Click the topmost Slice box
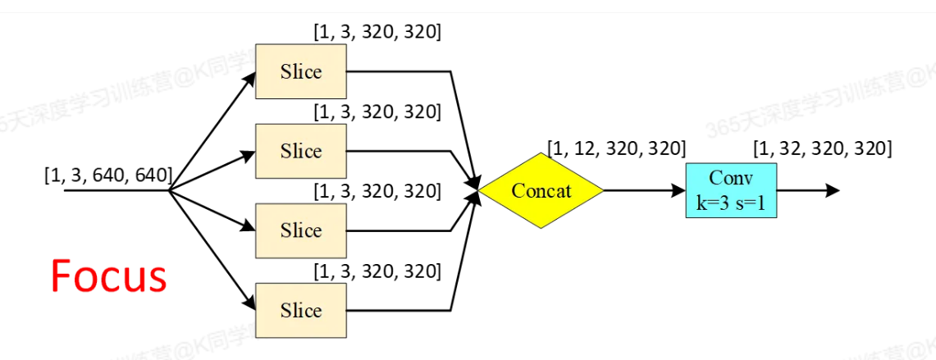pyautogui.click(x=301, y=71)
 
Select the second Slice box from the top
pyautogui.click(x=301, y=151)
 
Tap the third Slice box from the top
pyautogui.click(x=301, y=230)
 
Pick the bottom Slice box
pyautogui.click(x=301, y=310)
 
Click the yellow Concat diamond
pyautogui.click(x=541, y=190)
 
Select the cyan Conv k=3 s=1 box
pyautogui.click(x=730, y=190)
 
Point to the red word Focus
pyautogui.click(x=108, y=276)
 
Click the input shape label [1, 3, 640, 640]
pyautogui.click(x=107, y=174)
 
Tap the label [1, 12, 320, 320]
pyautogui.click(x=616, y=149)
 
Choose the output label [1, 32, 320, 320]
pyautogui.click(x=823, y=149)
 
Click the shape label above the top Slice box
pyautogui.click(x=377, y=33)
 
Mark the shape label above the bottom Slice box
pyautogui.click(x=377, y=270)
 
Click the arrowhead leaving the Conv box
pyautogui.click(x=833, y=190)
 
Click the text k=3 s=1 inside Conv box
pyautogui.click(x=730, y=201)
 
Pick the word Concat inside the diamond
pyautogui.click(x=541, y=190)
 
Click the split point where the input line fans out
pyautogui.click(x=168, y=190)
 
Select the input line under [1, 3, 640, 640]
pyautogui.click(x=115, y=190)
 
